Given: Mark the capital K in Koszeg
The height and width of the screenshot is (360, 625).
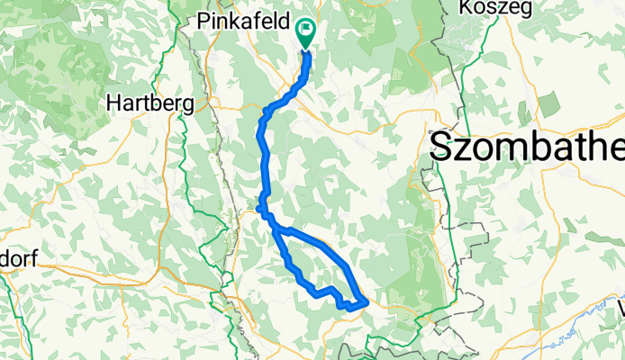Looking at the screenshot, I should tap(466, 7).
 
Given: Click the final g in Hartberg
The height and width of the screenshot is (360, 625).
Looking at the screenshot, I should tap(188, 105).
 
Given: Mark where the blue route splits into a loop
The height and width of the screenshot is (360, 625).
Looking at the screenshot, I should tap(274, 228).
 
